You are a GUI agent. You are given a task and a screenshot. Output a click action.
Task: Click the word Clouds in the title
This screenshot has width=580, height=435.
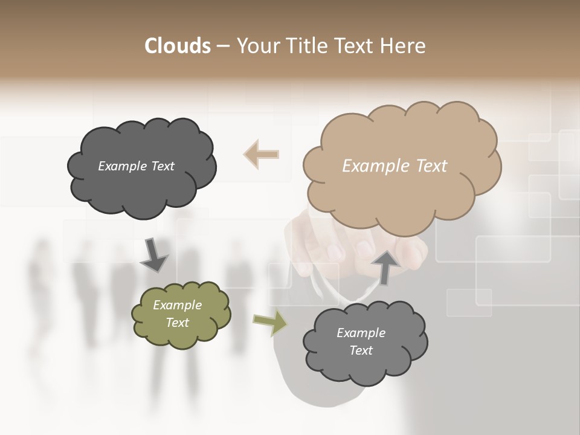pos(178,46)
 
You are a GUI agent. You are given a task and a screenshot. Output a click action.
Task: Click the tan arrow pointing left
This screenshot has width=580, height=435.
pos(262,154)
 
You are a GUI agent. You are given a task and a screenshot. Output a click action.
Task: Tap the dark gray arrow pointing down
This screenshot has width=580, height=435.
pos(154,255)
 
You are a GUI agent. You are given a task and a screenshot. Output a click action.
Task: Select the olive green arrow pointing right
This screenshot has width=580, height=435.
pos(270,323)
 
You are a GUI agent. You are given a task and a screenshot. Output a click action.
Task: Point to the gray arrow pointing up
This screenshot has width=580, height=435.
pos(385,266)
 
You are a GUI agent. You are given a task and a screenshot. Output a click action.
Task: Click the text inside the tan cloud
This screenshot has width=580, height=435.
pos(395,166)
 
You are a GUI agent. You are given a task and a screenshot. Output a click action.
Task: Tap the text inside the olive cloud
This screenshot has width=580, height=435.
pos(178,314)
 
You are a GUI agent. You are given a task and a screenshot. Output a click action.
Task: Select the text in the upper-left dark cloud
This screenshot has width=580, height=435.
pos(136,166)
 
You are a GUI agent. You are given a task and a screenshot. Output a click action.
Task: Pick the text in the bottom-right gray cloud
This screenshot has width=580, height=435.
pos(361,341)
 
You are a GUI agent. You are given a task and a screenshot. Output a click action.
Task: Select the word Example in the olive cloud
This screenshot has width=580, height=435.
pos(178,305)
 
